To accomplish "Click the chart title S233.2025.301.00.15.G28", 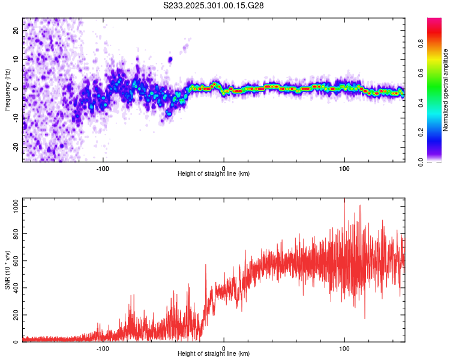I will [x=214, y=5].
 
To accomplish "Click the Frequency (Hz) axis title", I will [x=7, y=90].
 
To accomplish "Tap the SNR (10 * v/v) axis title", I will [x=7, y=270].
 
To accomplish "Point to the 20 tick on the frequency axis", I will [x=16, y=30].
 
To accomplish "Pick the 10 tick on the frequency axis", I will [x=16, y=59].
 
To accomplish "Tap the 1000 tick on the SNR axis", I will [x=12, y=206].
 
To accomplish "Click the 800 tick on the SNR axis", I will [x=14, y=233].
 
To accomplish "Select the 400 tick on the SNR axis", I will [x=14, y=288].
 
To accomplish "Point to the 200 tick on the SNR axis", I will [x=14, y=315].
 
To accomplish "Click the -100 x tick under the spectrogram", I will [x=103, y=167].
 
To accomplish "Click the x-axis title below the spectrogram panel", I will [x=214, y=174].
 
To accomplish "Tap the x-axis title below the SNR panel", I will [x=214, y=355].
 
